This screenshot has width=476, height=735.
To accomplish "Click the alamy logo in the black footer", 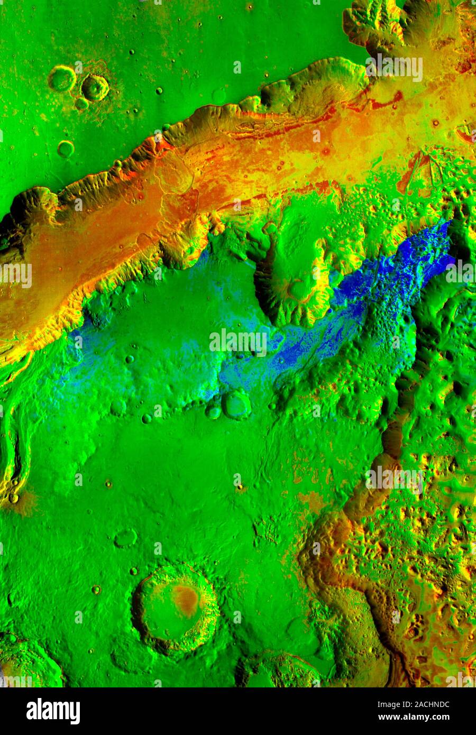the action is pyautogui.click(x=53, y=711).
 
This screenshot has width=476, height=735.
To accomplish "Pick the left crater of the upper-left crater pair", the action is pyautogui.click(x=62, y=78).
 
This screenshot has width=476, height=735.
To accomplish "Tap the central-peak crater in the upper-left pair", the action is pyautogui.click(x=95, y=87).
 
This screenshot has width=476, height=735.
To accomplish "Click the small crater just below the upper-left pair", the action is pyautogui.click(x=81, y=104).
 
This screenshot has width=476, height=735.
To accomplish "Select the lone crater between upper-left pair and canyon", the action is pyautogui.click(x=66, y=149).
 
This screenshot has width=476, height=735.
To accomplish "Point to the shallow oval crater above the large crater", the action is pyautogui.click(x=126, y=538).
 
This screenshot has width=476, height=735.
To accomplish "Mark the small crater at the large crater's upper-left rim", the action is pyautogui.click(x=133, y=571).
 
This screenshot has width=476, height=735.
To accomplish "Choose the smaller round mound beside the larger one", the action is pyautogui.click(x=213, y=411).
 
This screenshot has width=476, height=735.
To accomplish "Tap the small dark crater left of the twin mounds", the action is pyautogui.click(x=147, y=418).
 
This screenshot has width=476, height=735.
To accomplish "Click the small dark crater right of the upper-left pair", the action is pyautogui.click(x=159, y=91).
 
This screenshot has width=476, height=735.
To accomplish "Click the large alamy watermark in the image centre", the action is pyautogui.click(x=238, y=343).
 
